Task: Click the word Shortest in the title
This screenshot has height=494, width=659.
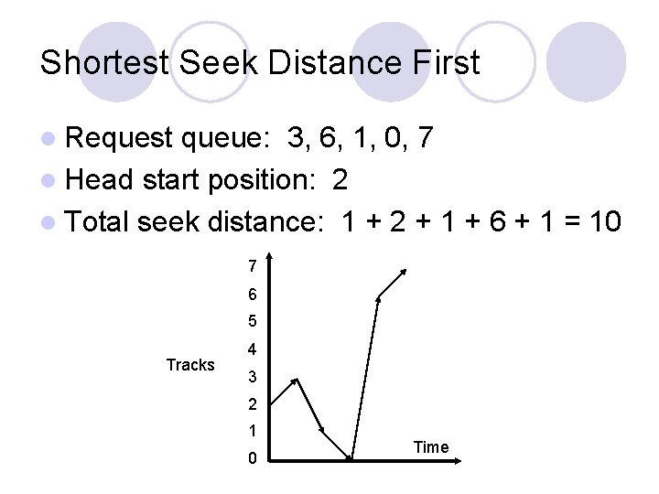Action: click(105, 62)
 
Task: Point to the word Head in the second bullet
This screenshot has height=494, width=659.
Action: click(101, 179)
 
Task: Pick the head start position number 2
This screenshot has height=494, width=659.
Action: click(340, 179)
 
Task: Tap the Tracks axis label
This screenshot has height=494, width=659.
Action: click(190, 365)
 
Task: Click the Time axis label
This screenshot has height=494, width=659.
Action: click(431, 447)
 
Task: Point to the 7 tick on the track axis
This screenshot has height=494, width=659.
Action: click(252, 267)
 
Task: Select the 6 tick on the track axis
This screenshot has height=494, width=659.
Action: click(252, 295)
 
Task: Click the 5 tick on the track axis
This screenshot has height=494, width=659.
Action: click(252, 322)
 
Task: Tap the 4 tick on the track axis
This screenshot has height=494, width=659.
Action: click(252, 349)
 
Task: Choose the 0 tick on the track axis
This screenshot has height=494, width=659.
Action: click(252, 458)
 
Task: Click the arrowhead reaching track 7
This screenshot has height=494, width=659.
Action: click(405, 272)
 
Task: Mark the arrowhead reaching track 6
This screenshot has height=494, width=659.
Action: click(379, 298)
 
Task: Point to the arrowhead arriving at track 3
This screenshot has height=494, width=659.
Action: click(295, 379)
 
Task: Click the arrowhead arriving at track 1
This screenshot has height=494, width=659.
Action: click(322, 429)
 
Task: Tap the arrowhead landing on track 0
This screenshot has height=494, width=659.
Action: click(349, 456)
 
